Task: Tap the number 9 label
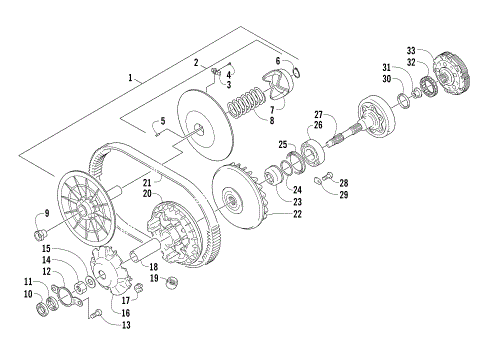[x=43, y=213]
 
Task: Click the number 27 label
[x=319, y=114]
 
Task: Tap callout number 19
[x=154, y=277]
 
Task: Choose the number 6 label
[x=278, y=61]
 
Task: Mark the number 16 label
[x=125, y=312]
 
